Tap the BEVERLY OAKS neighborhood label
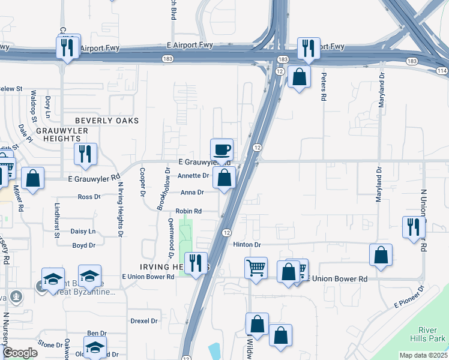pos(107,121)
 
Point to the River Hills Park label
pos(432,334)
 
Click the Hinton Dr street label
pos(247,245)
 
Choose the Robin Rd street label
pos(188,211)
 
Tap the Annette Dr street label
pos(193,176)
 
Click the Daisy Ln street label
pos(83,231)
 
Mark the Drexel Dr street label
pos(144,321)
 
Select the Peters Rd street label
pos(324,86)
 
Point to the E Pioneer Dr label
pos(408,298)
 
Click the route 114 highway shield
pos(442,71)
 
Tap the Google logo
pos(20,353)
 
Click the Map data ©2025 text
pos(423,355)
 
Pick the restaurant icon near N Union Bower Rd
pos(413,227)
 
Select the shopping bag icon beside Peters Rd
pos(298,77)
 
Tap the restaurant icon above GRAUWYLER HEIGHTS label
pos(85,154)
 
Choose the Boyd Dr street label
pos(84,245)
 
